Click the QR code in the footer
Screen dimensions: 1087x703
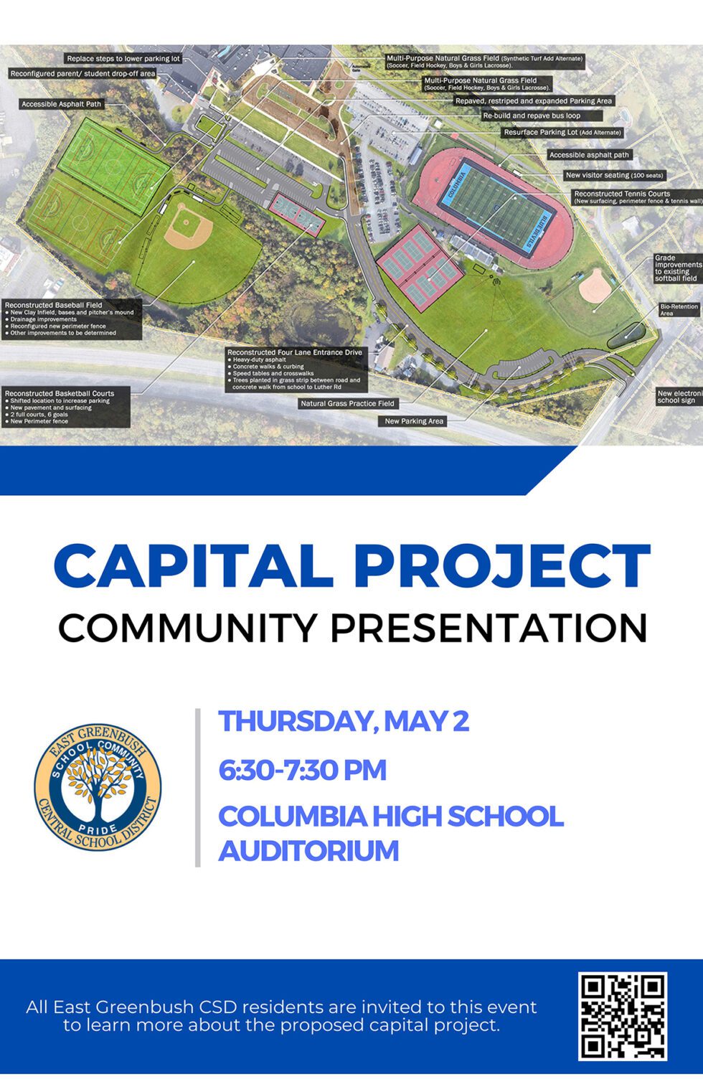[623, 1016]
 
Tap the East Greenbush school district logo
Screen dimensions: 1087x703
[98, 786]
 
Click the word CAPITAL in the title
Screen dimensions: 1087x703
[194, 566]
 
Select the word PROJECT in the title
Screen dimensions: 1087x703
[501, 566]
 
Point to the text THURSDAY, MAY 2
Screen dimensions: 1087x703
[344, 721]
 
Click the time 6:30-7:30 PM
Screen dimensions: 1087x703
[302, 770]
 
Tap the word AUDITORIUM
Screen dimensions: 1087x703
[308, 851]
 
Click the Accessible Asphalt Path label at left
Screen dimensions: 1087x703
[62, 104]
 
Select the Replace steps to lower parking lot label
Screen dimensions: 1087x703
[123, 59]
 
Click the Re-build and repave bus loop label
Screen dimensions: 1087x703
[532, 116]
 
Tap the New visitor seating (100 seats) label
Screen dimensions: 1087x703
[615, 175]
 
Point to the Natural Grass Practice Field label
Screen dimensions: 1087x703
[347, 403]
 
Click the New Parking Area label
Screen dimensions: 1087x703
[414, 421]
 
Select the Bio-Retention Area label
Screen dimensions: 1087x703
[678, 310]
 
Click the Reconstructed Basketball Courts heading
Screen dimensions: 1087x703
[60, 393]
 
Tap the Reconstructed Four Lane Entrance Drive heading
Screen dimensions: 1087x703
[295, 352]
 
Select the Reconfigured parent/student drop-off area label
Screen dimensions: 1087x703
[82, 74]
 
